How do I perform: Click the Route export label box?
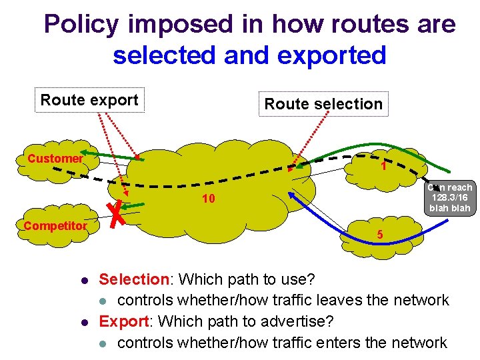point(89,101)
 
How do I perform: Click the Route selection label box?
point(323,104)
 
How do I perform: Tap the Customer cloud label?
point(55,159)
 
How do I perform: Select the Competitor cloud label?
point(55,226)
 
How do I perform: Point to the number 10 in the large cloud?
point(208,199)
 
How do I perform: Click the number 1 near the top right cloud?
point(384,167)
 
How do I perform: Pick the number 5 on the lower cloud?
point(379,235)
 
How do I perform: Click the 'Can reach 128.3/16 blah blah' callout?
point(451,198)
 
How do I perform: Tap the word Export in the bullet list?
point(123,321)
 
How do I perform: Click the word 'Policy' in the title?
point(81,25)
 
